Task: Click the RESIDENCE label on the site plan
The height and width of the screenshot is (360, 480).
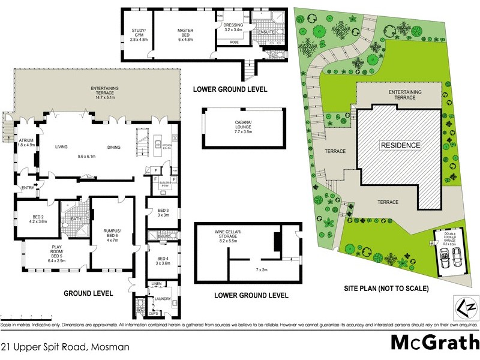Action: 400,145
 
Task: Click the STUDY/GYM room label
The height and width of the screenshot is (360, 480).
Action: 139,31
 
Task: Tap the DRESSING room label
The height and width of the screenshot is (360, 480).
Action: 233,25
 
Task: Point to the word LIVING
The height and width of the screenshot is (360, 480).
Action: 61,147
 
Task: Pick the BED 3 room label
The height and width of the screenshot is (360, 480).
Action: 163,211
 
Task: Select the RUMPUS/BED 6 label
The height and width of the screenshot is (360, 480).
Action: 112,235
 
